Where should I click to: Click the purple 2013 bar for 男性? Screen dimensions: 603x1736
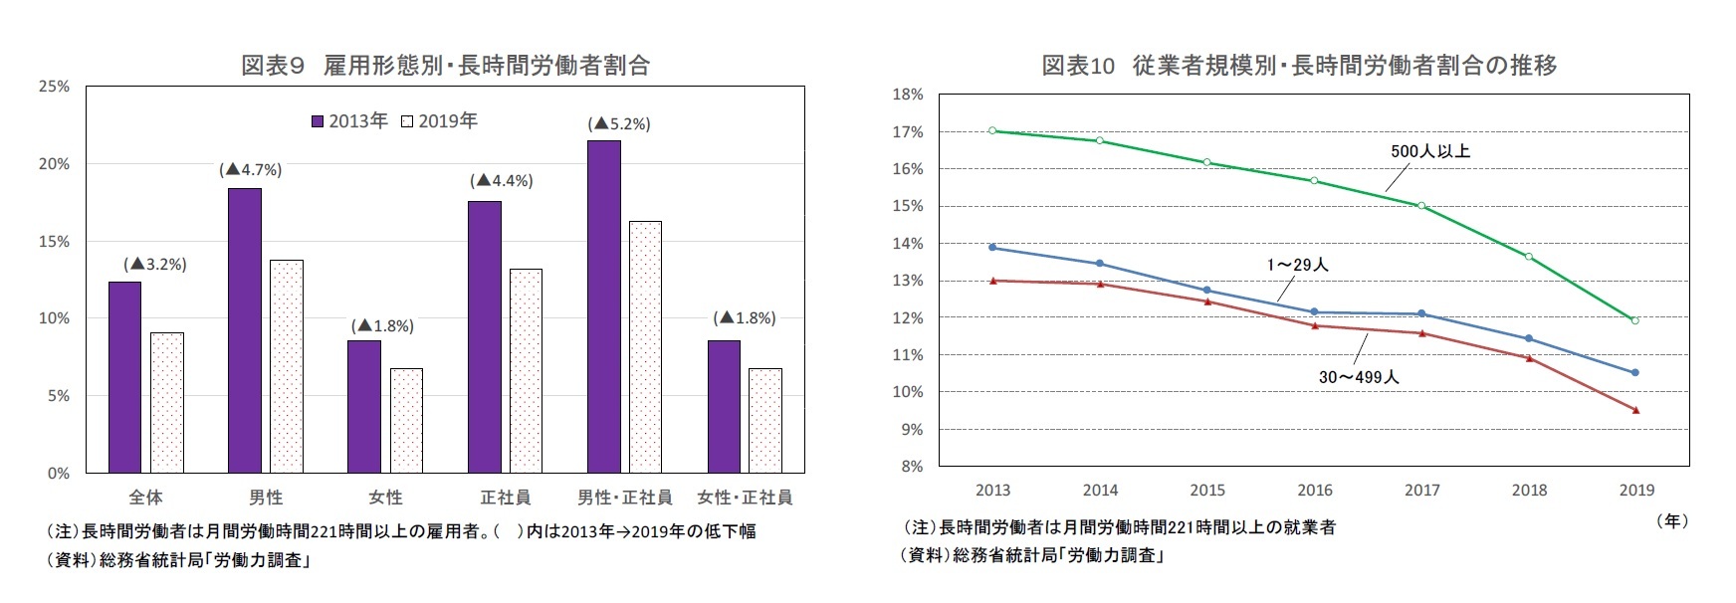point(244,330)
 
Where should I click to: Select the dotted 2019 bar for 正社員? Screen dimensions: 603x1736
point(526,370)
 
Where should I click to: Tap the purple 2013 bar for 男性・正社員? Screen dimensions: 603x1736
point(603,306)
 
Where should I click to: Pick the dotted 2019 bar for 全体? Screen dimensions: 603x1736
point(167,402)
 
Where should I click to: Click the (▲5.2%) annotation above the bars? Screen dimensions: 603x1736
point(618,124)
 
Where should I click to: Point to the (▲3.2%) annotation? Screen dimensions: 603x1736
point(154,265)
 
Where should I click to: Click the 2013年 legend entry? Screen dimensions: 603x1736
point(349,121)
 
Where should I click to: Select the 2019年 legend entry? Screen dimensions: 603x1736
point(439,121)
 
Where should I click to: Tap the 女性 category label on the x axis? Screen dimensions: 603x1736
point(385,497)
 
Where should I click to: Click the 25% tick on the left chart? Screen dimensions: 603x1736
point(54,87)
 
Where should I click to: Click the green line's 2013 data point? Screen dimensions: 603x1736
point(992,130)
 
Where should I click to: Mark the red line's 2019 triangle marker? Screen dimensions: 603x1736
point(1635,410)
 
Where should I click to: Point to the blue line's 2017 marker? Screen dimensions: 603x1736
point(1421,313)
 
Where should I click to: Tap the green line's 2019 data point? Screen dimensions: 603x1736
point(1634,320)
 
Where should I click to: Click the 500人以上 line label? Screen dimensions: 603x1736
point(1429,151)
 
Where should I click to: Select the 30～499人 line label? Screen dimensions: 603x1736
point(1358,377)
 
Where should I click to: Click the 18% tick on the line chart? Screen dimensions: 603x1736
point(908,95)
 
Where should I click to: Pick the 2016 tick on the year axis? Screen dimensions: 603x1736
point(1314,490)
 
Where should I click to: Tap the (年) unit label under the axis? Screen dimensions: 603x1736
point(1671,520)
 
